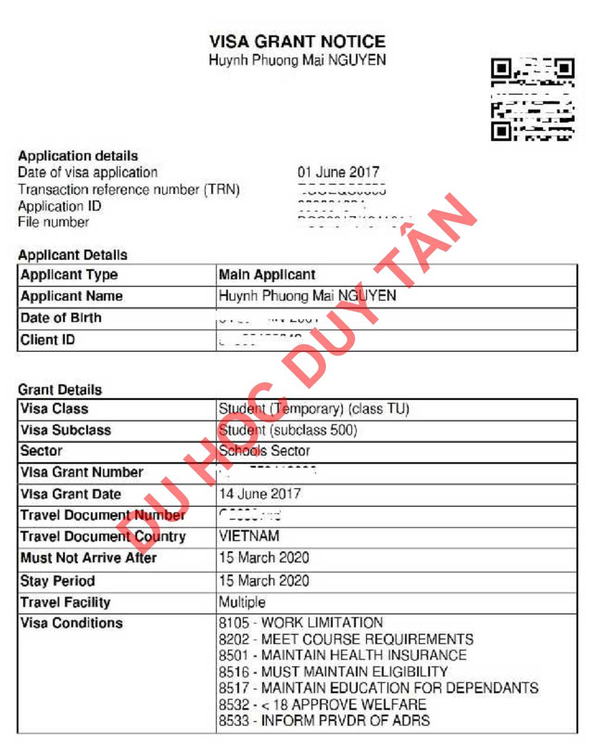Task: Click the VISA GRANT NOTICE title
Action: coord(297,42)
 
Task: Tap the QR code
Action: coord(532,99)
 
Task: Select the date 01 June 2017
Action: coord(338,173)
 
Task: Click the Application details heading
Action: coord(78,156)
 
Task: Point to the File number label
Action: coord(53,223)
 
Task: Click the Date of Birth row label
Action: coord(61,318)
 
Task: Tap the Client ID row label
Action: coord(47,340)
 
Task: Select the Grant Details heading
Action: coord(60,390)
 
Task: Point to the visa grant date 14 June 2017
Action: coord(260,494)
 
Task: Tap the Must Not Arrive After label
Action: coord(88,558)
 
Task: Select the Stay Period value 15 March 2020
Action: coord(264,581)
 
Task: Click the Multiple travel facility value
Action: coord(242,602)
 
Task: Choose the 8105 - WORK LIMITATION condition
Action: coord(301,623)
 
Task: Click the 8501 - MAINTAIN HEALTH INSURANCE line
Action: coord(342,655)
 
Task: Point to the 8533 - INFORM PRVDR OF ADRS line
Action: coord(324,721)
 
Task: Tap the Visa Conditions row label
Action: coord(71,623)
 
